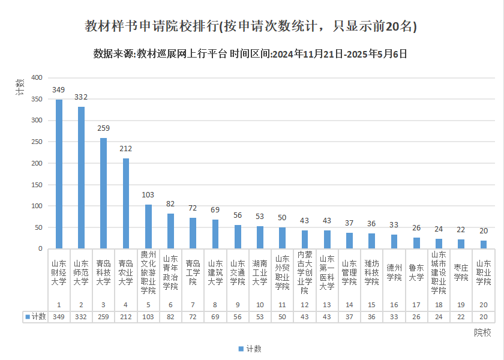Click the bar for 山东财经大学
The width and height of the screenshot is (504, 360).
(59, 174)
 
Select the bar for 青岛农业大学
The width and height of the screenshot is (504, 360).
(126, 203)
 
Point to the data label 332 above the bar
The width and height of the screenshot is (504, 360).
(81, 97)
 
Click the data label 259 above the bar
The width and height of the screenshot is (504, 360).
(103, 128)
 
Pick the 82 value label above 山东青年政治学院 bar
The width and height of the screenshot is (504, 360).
(170, 204)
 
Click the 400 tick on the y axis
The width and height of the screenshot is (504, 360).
(37, 78)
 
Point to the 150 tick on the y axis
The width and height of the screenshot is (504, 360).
(37, 185)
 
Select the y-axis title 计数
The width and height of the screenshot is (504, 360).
(20, 88)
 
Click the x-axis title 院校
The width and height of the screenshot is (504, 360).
(482, 332)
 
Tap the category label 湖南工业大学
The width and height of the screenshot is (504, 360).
(260, 272)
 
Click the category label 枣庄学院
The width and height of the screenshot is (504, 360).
(461, 272)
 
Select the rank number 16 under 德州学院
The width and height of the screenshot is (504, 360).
(394, 305)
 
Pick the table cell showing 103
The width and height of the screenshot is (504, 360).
(148, 317)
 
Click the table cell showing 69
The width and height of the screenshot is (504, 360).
(215, 317)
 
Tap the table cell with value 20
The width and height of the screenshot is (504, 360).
(484, 317)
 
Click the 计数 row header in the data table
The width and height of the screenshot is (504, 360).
(35, 317)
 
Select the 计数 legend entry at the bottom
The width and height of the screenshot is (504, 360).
(250, 349)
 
